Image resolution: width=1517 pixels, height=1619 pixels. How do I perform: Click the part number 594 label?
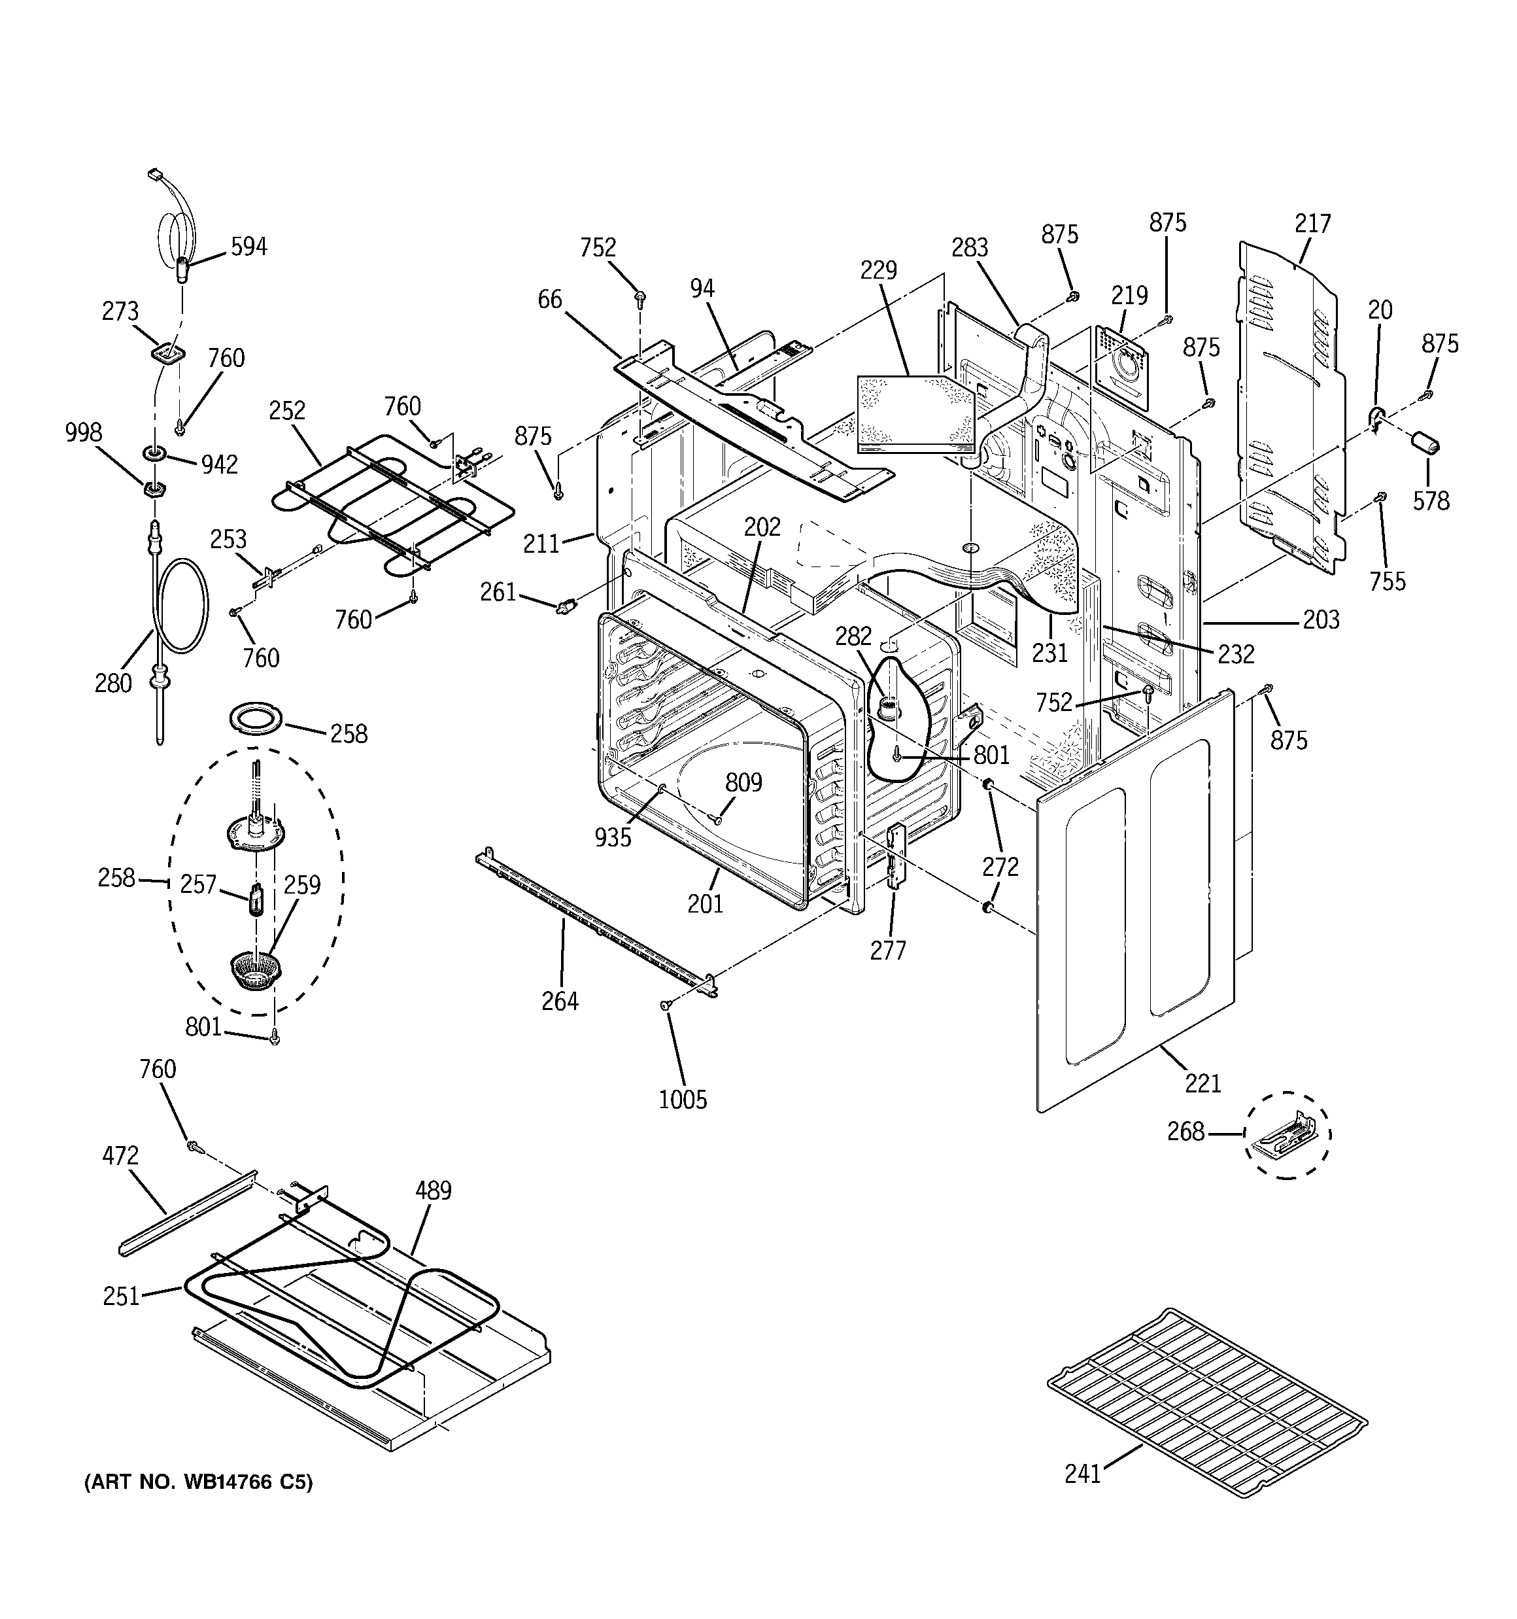click(248, 247)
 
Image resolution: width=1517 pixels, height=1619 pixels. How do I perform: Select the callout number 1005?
click(683, 1100)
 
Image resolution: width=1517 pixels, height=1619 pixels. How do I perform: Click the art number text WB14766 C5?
click(198, 1482)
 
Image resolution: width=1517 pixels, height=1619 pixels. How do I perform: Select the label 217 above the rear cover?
click(1312, 223)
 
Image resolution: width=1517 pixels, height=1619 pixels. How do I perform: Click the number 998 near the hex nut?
click(83, 432)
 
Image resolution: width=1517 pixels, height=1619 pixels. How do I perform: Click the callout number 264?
click(560, 1001)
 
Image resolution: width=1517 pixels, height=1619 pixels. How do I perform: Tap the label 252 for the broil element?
click(286, 410)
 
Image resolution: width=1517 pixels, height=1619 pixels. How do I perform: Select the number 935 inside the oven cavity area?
click(612, 837)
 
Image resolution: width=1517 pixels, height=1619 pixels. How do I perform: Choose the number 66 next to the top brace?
click(550, 300)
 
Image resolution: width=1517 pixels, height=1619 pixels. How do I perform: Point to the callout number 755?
click(1387, 581)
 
